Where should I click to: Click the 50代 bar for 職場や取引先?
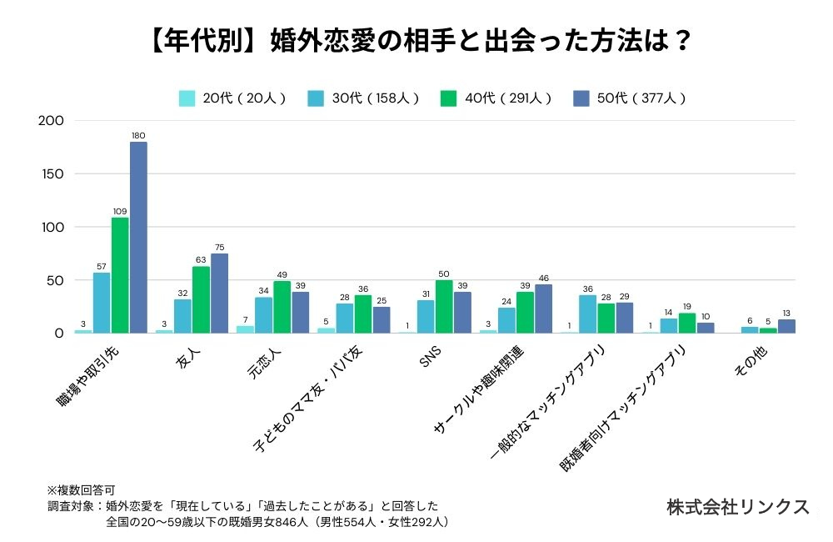(138, 238)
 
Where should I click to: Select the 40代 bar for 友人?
(201, 300)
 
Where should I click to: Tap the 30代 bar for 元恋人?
(263, 315)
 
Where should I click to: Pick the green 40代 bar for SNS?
(444, 307)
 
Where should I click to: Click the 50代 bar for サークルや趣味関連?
(543, 309)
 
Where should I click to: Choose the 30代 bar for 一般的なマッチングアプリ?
(588, 314)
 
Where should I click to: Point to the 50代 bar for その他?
(786, 327)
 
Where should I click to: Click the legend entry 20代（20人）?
(232, 98)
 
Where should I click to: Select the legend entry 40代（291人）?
(497, 98)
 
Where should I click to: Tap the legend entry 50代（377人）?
(631, 98)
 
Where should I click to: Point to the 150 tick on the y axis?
(51, 173)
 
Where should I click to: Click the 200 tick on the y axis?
(51, 120)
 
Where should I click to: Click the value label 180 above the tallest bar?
(138, 135)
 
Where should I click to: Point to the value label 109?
(120, 211)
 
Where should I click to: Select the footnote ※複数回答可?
(81, 489)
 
